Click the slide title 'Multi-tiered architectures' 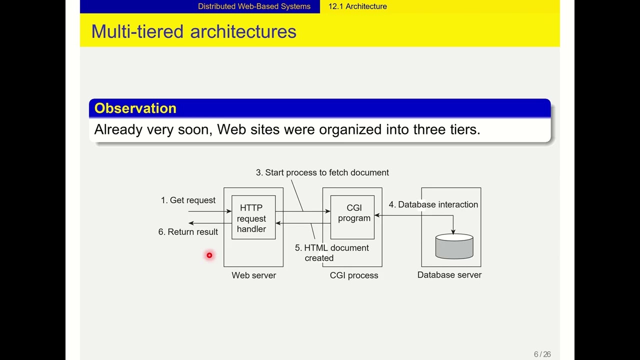pyautogui.click(x=193, y=31)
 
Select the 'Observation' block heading pyautogui.click(x=135, y=108)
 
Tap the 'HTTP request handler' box pyautogui.click(x=253, y=218)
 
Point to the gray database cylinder pyautogui.click(x=454, y=247)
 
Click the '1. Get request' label pyautogui.click(x=188, y=200)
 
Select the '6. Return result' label pyautogui.click(x=188, y=232)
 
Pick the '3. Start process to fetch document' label pyautogui.click(x=322, y=172)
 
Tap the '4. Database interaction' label pyautogui.click(x=433, y=204)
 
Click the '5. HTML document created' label pyautogui.click(x=331, y=253)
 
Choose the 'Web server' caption pyautogui.click(x=253, y=275)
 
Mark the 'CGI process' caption pyautogui.click(x=353, y=275)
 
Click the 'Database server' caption pyautogui.click(x=449, y=275)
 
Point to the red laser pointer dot pyautogui.click(x=209, y=255)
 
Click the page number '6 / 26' pyautogui.click(x=542, y=354)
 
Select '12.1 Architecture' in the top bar pyautogui.click(x=357, y=6)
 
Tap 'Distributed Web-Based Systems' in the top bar pyautogui.click(x=254, y=6)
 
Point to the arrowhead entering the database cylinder pyautogui.click(x=453, y=231)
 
